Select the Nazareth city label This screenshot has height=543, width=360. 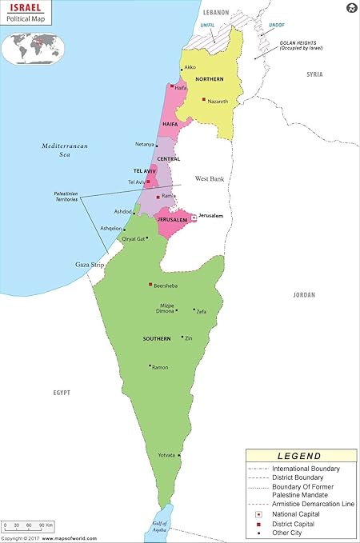point(218,102)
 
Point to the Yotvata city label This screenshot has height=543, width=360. point(166,455)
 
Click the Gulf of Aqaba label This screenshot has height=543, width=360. point(162,525)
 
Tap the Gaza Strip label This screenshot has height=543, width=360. point(68,263)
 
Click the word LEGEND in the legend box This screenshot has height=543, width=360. point(300,456)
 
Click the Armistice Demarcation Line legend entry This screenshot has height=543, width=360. point(311,505)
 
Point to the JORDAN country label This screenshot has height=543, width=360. point(304,295)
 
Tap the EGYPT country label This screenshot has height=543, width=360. point(62,393)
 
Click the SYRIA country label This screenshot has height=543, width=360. point(314,74)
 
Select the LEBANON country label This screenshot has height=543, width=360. point(215,13)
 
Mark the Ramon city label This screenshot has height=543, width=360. point(160,367)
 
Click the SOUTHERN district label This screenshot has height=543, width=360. point(157,339)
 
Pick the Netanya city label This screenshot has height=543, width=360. point(145,145)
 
